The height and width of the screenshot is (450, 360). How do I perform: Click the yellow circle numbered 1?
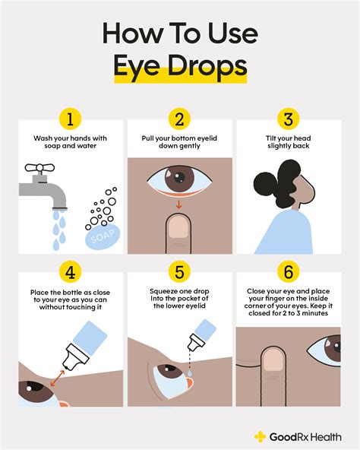click(x=71, y=119)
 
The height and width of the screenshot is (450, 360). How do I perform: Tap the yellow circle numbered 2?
click(x=179, y=119)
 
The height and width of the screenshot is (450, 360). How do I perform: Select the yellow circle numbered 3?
click(x=289, y=119)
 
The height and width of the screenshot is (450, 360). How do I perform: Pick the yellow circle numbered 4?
click(x=71, y=271)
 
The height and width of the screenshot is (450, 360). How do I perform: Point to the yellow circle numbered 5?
click(x=179, y=271)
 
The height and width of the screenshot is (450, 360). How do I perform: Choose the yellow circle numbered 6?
click(x=289, y=271)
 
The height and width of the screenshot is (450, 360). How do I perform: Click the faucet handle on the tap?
click(x=39, y=167)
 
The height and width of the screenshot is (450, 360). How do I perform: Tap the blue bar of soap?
click(x=103, y=236)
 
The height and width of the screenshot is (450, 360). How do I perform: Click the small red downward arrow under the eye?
click(x=178, y=204)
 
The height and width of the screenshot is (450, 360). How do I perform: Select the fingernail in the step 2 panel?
click(x=178, y=227)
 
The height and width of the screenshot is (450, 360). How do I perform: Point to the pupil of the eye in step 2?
click(x=179, y=176)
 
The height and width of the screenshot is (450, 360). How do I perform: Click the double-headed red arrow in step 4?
click(x=58, y=379)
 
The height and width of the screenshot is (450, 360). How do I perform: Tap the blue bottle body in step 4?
click(x=90, y=338)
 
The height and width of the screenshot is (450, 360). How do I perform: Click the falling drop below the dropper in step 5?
click(x=190, y=372)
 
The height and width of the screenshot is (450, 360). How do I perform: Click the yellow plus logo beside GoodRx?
click(x=260, y=436)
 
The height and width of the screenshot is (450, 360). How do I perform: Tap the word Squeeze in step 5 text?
click(x=163, y=291)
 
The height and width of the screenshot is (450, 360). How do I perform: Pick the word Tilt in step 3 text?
click(x=271, y=138)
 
